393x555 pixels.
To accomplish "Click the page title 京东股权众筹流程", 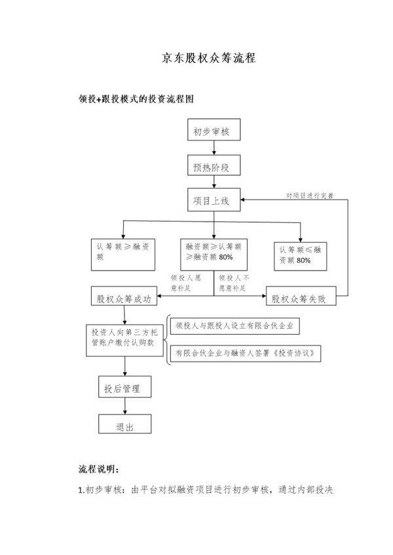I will click(x=208, y=58).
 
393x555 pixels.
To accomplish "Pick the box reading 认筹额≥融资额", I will click(x=122, y=252).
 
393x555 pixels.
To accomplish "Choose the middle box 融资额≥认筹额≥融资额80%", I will click(x=214, y=252).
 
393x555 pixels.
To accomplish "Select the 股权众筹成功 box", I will click(x=124, y=298).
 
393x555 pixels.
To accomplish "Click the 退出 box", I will click(x=124, y=426).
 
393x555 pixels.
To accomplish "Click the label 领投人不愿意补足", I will click(x=234, y=281).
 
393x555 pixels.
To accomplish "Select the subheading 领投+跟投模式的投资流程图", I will click(x=136, y=98).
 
